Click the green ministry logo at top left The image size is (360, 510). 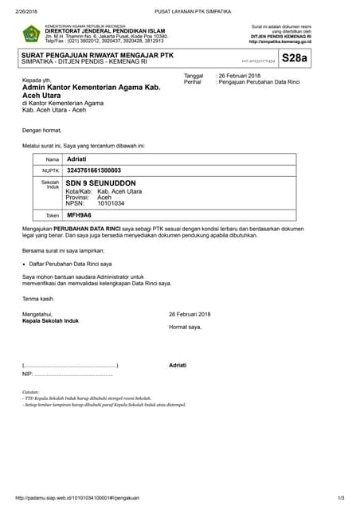coord(32,34)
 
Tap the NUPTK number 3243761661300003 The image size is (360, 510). coord(94,171)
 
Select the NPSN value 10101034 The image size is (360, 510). coord(111,203)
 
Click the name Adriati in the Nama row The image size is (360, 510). coord(76,159)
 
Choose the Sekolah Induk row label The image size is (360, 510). coord(51,184)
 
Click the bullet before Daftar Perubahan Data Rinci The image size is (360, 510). coord(24,263)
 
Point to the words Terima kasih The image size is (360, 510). coord(38,298)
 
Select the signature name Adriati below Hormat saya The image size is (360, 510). coord(178,365)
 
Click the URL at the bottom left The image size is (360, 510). coord(78,498)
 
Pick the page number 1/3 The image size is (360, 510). coord(340,498)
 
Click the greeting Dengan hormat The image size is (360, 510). coord(41,130)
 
